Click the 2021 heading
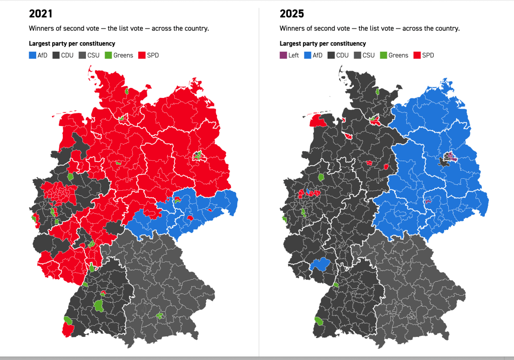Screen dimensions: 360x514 coord(41,14)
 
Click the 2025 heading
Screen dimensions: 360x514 coord(291,14)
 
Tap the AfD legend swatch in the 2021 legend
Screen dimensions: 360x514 coord(32,55)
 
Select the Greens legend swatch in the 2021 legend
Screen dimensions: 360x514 coord(108,55)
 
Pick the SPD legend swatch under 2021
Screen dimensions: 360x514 coord(141,55)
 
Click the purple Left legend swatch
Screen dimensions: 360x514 coord(283,55)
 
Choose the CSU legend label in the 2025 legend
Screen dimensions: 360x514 coord(368,55)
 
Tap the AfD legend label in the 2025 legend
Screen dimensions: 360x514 coord(318,55)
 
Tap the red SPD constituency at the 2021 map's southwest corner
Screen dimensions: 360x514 coord(67,330)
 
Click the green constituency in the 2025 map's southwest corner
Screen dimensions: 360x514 coord(319,321)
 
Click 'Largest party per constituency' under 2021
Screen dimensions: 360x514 coord(72,44)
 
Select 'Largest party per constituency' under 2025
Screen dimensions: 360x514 coord(323,44)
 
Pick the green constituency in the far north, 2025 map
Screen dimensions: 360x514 coord(377,91)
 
